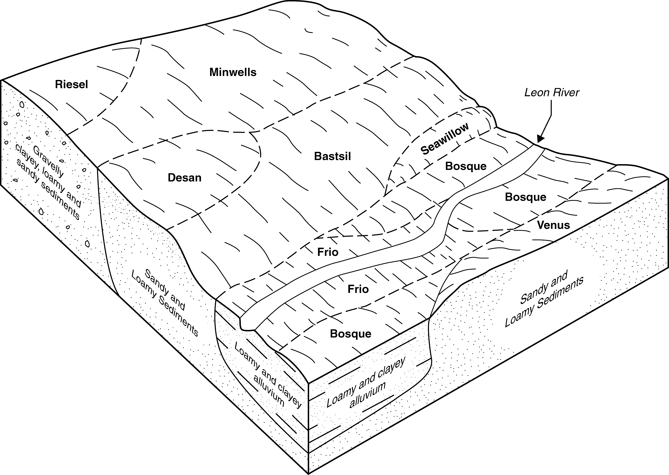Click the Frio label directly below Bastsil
click(x=328, y=252)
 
